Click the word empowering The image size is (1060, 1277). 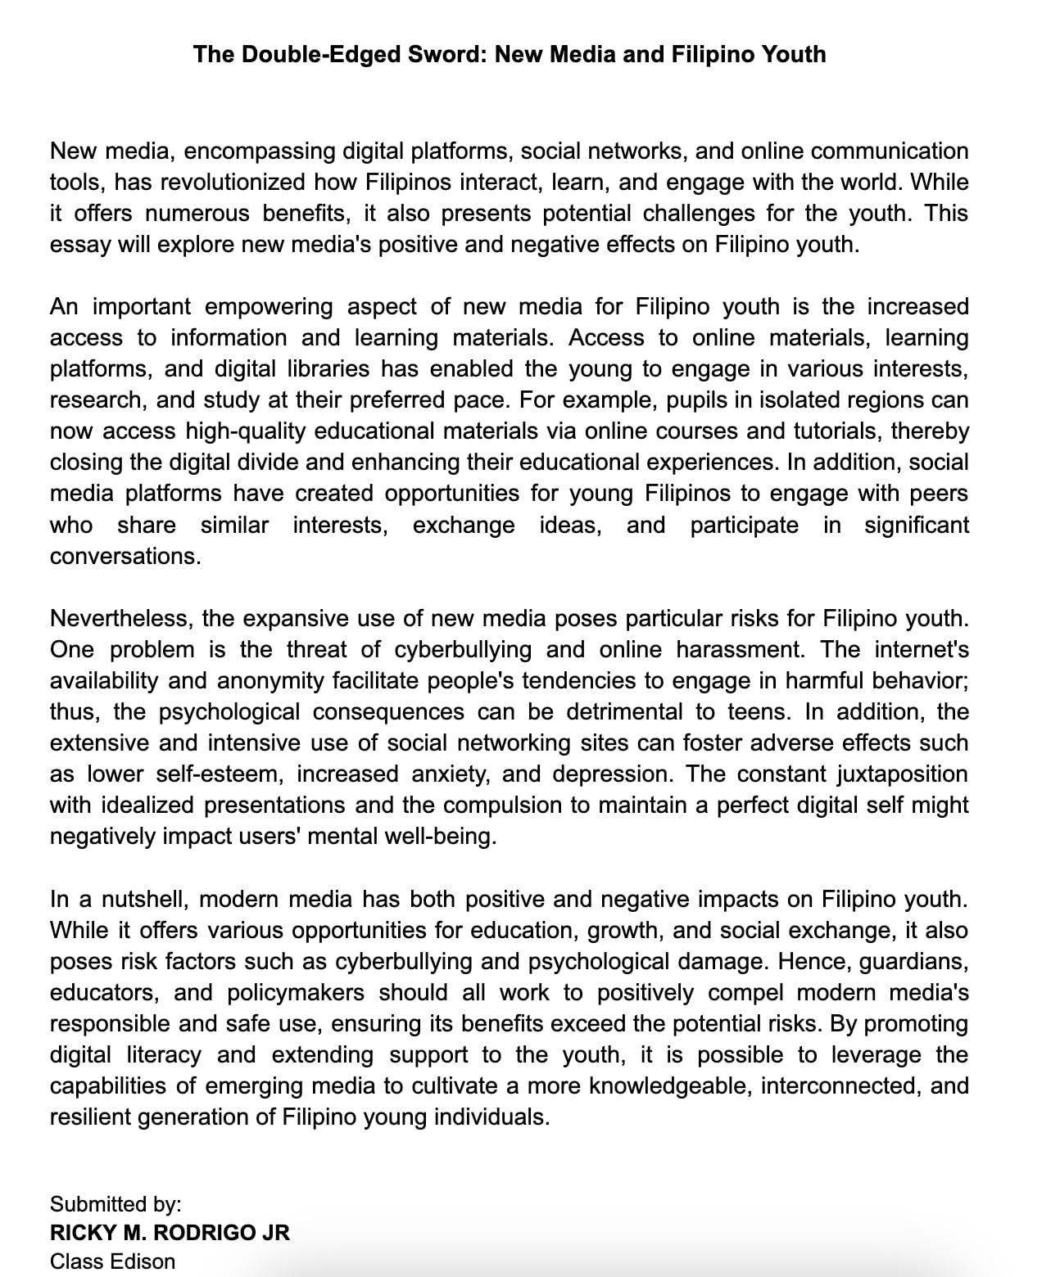click(x=269, y=307)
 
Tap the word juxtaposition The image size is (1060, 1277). click(x=903, y=774)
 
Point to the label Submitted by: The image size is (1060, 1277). click(x=116, y=1204)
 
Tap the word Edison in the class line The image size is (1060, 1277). click(x=143, y=1261)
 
